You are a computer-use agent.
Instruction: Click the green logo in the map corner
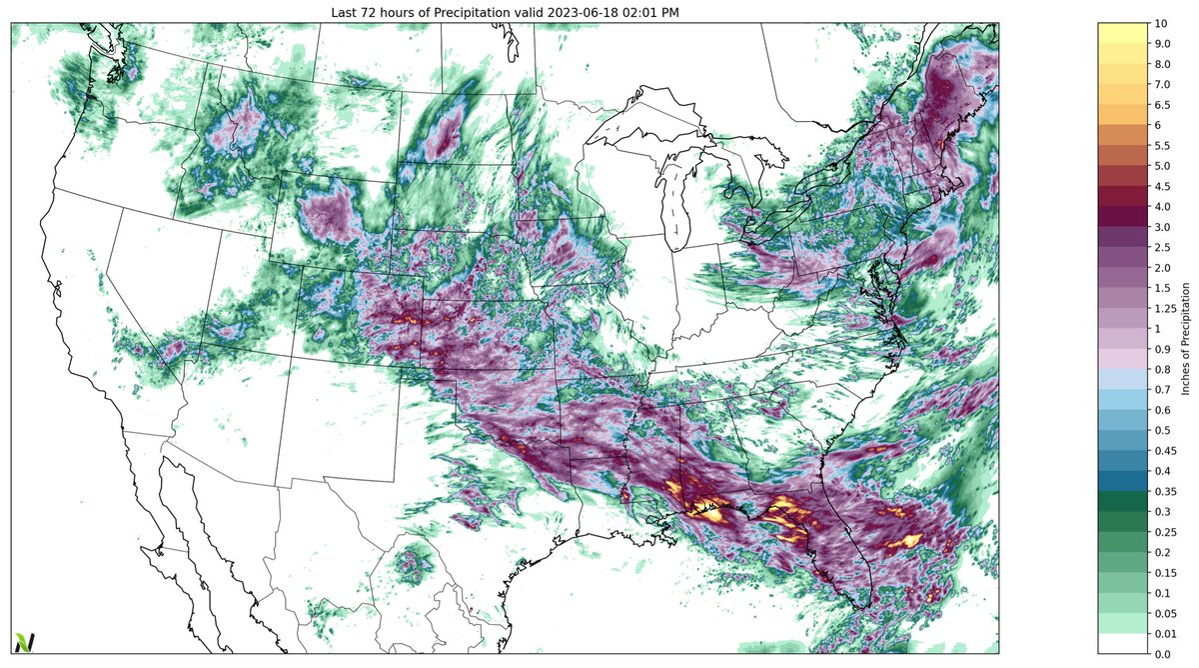coord(23,642)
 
